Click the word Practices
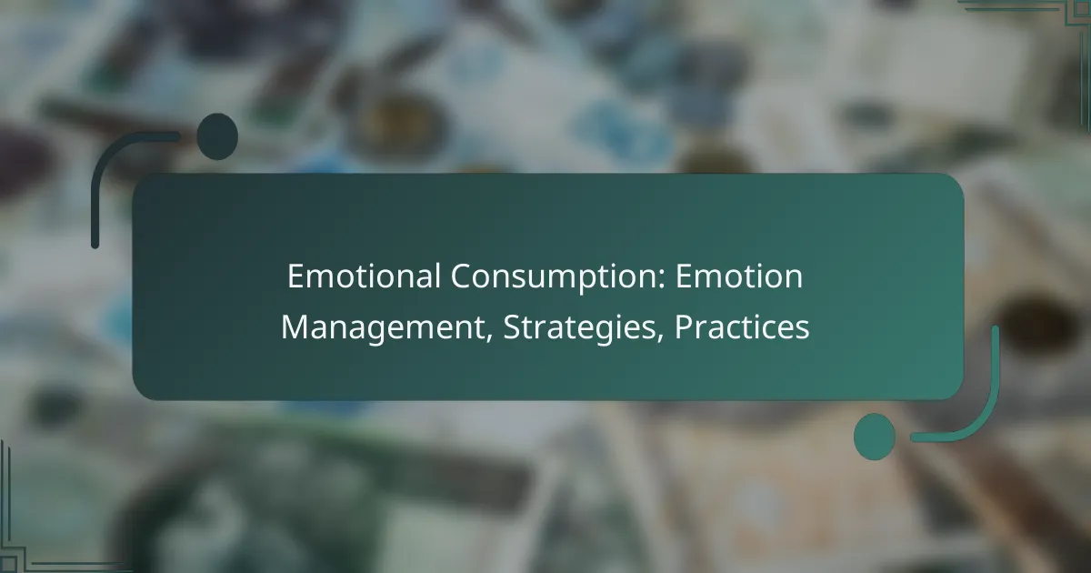pos(741,327)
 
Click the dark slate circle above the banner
pos(217,136)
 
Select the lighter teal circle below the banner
pos(875,437)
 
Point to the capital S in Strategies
pos(501,327)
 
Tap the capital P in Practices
pos(682,327)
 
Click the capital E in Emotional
pos(295,276)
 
